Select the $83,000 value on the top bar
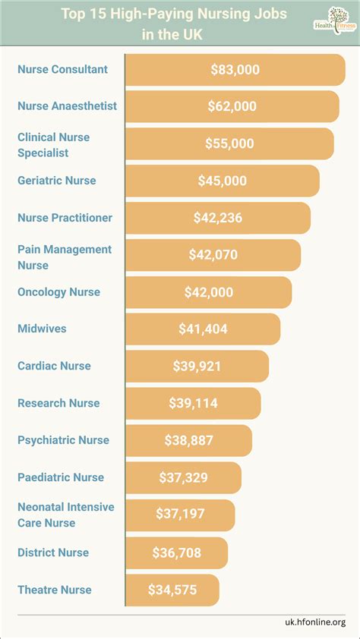235,70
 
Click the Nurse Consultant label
63,70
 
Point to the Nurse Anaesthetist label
68,106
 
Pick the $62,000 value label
232,106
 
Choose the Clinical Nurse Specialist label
54,145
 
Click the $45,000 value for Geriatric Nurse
222,181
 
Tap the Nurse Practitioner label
65,218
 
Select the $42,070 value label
213,255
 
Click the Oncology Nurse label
59,292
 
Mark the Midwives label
43,329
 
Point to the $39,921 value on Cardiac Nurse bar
197,366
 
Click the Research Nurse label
58,403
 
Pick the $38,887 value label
188,440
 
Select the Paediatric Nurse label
61,477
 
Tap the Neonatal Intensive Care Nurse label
66,515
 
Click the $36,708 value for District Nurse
176,552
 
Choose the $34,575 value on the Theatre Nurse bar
172,589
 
